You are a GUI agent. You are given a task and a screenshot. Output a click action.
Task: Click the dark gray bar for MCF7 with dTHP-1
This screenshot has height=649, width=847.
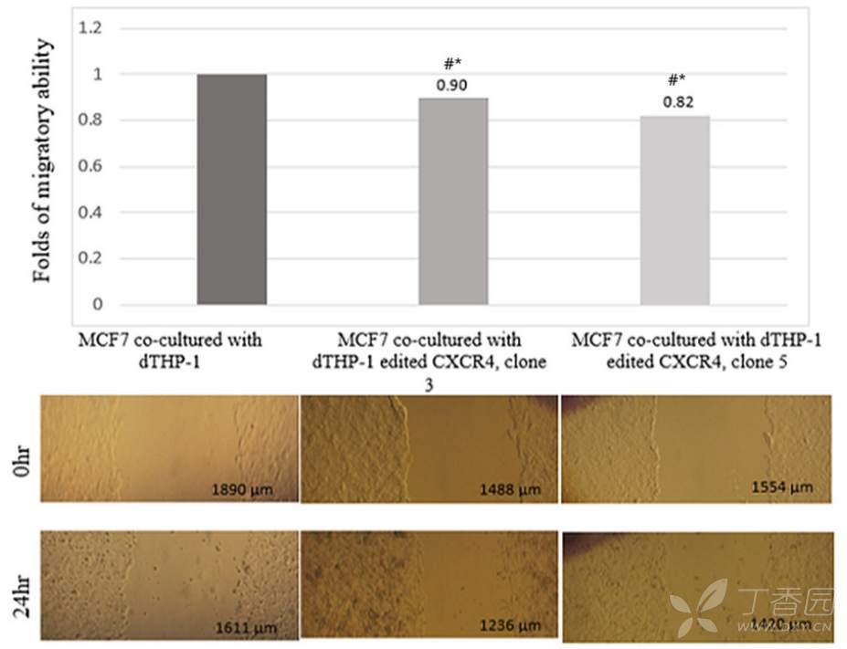point(231,189)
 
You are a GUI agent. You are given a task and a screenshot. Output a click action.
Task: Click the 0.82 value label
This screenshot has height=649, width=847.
point(677,103)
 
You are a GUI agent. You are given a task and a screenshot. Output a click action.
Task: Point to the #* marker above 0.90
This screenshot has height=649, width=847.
point(454,64)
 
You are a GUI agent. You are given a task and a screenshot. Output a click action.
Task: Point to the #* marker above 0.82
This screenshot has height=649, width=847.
point(677,81)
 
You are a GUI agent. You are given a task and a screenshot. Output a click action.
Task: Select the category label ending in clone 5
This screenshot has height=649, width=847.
point(695,350)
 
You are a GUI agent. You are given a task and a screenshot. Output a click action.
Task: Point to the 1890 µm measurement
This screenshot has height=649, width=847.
point(242,490)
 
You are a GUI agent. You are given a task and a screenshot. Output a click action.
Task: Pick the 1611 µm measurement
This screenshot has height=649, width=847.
point(245,627)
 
